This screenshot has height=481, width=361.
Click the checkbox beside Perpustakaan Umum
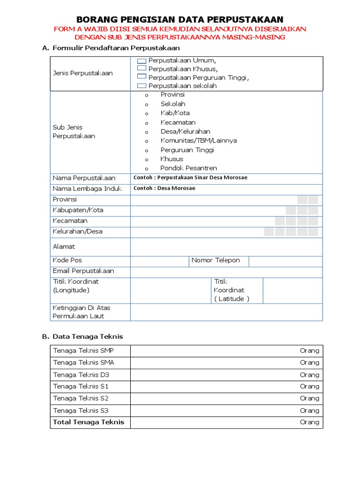point(141,61)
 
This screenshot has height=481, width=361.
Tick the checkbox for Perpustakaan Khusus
point(141,69)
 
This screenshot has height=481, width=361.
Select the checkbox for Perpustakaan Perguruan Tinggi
point(141,77)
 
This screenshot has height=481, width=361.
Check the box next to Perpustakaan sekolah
point(141,85)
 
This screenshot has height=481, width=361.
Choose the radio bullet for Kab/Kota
point(147,114)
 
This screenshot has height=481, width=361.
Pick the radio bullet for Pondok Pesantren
point(147,169)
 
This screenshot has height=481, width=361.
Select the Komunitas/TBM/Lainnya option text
point(198,140)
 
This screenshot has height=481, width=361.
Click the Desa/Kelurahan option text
point(185,132)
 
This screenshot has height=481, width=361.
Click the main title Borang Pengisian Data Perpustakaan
point(180,19)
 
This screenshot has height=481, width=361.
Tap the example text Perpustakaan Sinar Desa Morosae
point(190,178)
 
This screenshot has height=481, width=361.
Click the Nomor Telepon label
point(216,260)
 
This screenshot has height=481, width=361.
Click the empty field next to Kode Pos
point(159,261)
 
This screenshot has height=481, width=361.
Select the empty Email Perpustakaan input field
point(226,272)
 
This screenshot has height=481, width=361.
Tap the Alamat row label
point(64,247)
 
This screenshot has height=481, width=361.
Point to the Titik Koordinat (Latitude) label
point(231,290)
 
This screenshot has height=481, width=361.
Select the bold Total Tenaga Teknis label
point(88,422)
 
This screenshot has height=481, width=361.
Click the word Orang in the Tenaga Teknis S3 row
point(309,411)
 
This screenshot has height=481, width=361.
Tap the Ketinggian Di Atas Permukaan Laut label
point(81,312)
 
